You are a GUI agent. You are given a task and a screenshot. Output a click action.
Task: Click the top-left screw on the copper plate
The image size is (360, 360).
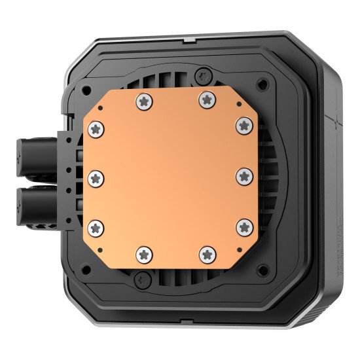[144, 100]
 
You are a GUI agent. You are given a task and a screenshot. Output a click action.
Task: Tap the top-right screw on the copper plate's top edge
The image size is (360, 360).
[207, 99]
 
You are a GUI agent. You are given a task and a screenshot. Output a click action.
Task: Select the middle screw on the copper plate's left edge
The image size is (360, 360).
[96, 177]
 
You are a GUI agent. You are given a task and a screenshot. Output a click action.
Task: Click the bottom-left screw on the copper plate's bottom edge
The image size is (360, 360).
[144, 253]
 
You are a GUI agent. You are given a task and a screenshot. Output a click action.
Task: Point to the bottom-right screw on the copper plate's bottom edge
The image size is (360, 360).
[207, 253]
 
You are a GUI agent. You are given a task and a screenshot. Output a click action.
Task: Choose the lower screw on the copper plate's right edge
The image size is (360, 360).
[245, 227]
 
